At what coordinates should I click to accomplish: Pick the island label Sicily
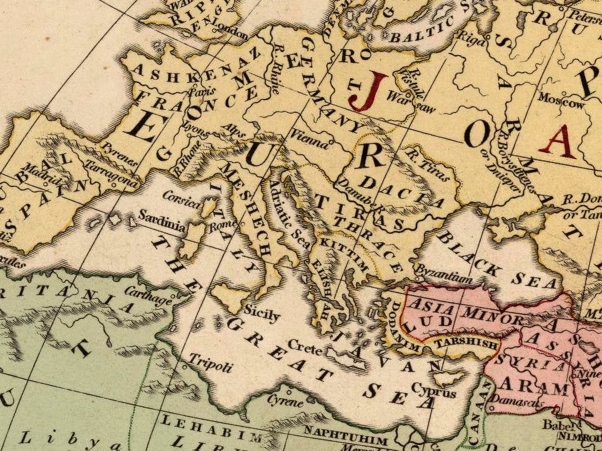[x=261, y=314]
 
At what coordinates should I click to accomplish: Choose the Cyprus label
[x=434, y=392]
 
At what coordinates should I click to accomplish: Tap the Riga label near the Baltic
[x=471, y=39]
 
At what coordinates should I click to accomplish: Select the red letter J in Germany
[x=368, y=91]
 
